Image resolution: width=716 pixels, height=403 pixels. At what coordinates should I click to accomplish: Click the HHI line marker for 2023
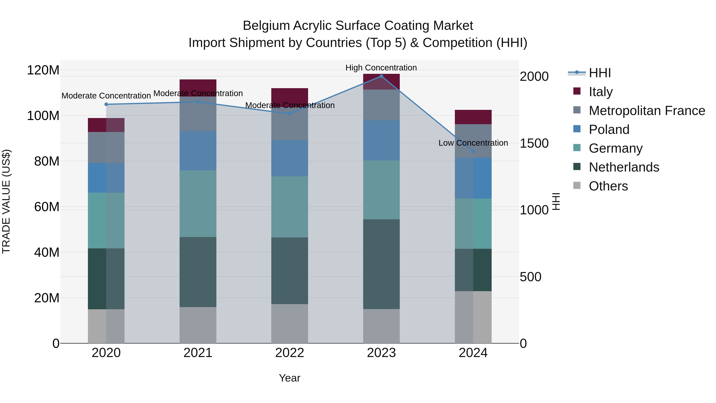pos(381,76)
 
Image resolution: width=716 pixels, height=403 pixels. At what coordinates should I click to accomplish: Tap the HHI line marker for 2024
pos(473,152)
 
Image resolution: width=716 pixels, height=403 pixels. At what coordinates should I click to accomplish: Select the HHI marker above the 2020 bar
pos(106,104)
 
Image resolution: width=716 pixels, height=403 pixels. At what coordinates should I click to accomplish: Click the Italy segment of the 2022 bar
pos(290,97)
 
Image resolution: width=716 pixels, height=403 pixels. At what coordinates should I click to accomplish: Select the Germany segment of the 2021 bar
pos(198,204)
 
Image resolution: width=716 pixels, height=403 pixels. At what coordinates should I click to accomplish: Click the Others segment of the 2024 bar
pos(473,317)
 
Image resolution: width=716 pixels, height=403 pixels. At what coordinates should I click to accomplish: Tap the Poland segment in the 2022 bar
pos(290,158)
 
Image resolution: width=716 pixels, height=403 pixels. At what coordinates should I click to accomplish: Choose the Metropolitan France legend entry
pos(647,111)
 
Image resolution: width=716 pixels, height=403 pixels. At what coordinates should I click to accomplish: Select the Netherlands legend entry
pos(624,167)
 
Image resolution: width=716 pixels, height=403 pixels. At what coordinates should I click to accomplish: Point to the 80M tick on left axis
pos(46,161)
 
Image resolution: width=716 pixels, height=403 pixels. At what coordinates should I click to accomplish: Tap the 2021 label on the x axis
pos(198,353)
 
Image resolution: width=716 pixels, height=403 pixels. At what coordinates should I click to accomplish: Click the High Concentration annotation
pos(381,68)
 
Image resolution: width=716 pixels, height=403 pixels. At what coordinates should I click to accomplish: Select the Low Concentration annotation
pos(473,143)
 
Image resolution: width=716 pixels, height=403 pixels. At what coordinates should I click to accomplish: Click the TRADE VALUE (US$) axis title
pos(6,201)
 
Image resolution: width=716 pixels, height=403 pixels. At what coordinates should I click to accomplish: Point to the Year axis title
pos(289,378)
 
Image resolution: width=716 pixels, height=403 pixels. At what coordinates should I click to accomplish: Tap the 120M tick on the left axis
pos(43,70)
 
